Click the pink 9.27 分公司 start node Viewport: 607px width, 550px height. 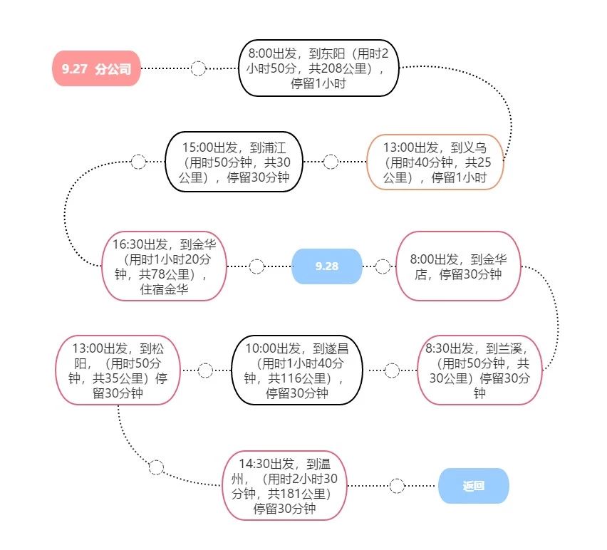tap(96, 69)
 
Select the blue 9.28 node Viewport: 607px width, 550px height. tap(327, 266)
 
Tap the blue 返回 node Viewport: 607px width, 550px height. tap(473, 486)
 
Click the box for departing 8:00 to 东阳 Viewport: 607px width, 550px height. tap(318, 68)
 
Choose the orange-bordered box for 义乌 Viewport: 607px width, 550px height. tap(435, 162)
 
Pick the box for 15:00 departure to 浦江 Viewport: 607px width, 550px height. tap(233, 162)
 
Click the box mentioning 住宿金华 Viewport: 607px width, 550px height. tap(165, 266)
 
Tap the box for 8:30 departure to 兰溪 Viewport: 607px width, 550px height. tap(479, 370)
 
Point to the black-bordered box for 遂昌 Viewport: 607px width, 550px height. tap(297, 370)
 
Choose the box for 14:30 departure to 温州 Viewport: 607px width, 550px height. tap(284, 485)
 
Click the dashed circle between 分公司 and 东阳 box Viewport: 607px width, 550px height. tap(199, 68)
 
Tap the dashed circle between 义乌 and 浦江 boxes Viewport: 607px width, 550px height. tap(331, 162)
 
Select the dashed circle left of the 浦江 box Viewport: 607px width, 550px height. tap(138, 162)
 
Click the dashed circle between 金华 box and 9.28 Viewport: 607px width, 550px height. tap(256, 266)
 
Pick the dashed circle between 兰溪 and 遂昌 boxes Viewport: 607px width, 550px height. tap(392, 370)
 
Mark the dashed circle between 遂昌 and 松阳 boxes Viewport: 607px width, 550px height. tap(205, 370)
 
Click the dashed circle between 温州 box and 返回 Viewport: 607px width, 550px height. tap(397, 486)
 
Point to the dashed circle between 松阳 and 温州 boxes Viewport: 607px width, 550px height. tap(156, 467)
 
